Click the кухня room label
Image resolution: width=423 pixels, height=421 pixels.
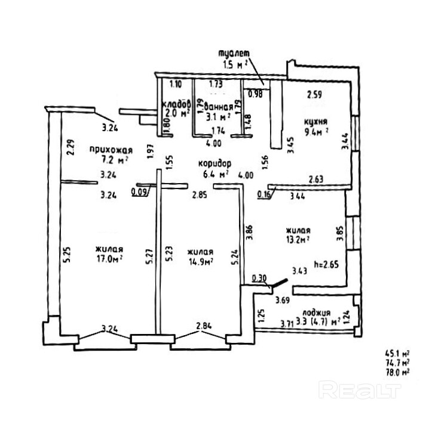[x=315, y=124]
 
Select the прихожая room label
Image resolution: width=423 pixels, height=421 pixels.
[x=111, y=149]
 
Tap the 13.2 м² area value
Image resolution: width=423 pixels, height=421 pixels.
[x=296, y=240]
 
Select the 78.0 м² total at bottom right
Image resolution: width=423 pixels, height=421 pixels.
[x=397, y=372]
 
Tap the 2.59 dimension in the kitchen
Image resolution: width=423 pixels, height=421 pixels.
[x=314, y=94]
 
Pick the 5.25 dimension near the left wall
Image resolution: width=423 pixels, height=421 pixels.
[x=68, y=255]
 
